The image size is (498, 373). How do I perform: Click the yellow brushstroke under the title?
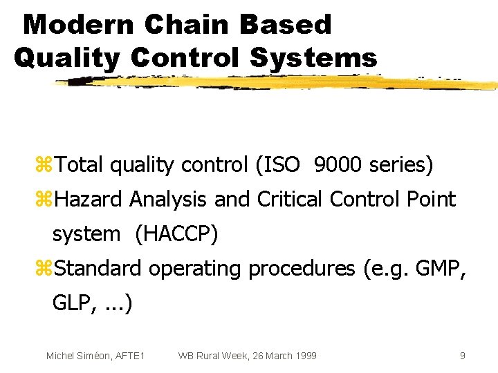pyautogui.click(x=277, y=84)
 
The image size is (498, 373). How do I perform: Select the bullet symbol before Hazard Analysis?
pyautogui.click(x=46, y=200)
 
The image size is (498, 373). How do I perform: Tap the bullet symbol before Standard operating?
pyautogui.click(x=46, y=269)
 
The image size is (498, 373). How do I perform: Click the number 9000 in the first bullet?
pyautogui.click(x=340, y=165)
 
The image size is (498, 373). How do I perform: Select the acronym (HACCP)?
pyautogui.click(x=176, y=234)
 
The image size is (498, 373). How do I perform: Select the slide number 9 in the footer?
pyautogui.click(x=462, y=356)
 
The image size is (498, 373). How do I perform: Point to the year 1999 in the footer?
pyautogui.click(x=305, y=356)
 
